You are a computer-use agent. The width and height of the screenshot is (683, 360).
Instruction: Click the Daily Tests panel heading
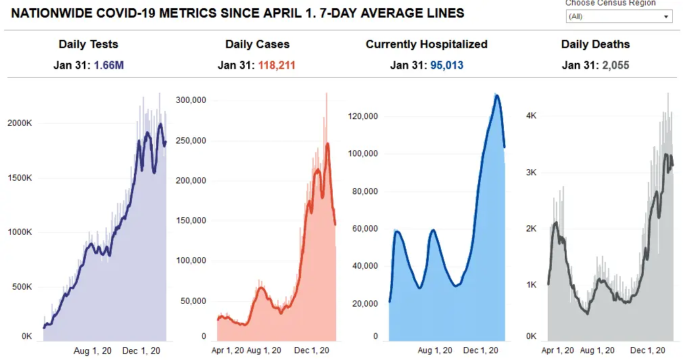[88, 45]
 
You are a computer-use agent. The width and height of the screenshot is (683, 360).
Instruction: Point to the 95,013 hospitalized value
[446, 66]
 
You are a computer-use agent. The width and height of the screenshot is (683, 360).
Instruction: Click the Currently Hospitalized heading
[426, 45]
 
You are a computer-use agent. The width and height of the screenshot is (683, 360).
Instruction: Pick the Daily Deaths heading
[595, 45]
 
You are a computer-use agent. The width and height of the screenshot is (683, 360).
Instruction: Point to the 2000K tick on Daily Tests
[19, 123]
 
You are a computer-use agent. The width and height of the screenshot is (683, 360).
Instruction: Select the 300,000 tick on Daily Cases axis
[190, 100]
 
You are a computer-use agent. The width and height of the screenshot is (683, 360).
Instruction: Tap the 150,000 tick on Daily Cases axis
[190, 221]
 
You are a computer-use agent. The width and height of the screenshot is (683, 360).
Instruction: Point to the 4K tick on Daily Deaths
[532, 116]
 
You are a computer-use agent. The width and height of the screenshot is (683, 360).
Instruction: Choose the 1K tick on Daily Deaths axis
[532, 285]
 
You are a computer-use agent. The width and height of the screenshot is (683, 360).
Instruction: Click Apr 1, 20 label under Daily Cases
[228, 351]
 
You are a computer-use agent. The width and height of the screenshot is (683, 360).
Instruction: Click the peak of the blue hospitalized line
[496, 95]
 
